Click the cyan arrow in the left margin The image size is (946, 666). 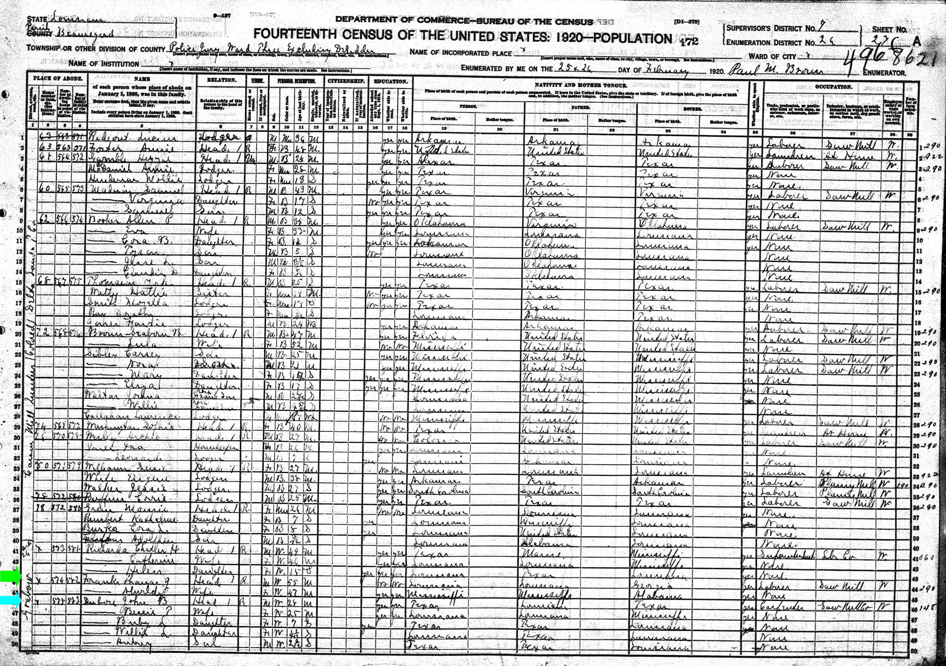click(9, 601)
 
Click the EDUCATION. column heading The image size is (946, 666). click(391, 81)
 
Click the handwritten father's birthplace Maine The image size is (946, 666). click(538, 553)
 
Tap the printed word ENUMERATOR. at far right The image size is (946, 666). click(882, 73)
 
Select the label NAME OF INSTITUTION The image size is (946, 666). click(104, 64)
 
